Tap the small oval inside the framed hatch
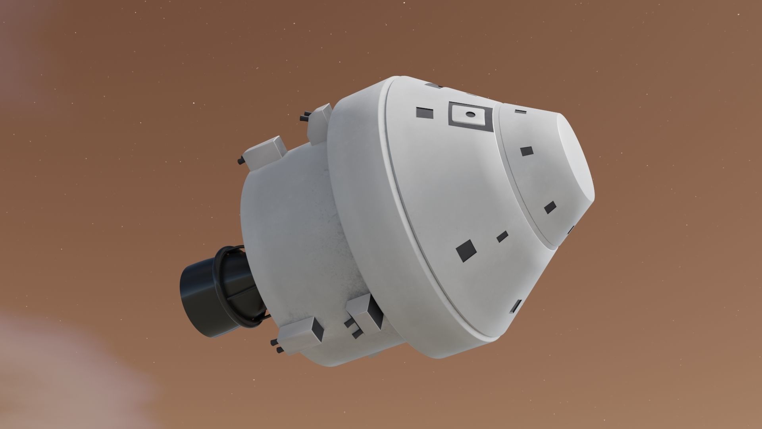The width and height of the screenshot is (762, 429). pyautogui.click(x=470, y=114)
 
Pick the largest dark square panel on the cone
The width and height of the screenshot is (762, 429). pyautogui.click(x=466, y=251)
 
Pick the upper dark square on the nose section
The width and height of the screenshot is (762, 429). pyautogui.click(x=526, y=151)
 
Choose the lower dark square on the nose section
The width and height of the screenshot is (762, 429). pyautogui.click(x=550, y=207)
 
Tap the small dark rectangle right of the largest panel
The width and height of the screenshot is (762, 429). pyautogui.click(x=502, y=236)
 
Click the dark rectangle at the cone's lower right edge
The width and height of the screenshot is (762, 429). pyautogui.click(x=516, y=306)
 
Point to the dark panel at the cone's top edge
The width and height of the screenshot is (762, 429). pyautogui.click(x=433, y=85)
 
